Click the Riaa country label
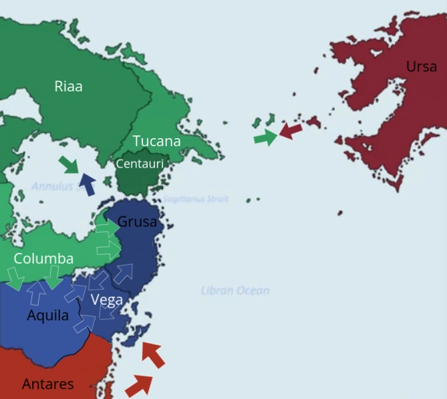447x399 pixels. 68,86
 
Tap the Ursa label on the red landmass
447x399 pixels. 421,66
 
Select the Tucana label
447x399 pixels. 156,141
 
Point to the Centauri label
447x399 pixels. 140,163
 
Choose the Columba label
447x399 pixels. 43,258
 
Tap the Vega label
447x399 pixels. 106,300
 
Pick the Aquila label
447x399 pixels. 47,316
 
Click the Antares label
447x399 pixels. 47,384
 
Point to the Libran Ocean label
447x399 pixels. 235,290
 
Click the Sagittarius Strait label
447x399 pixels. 196,199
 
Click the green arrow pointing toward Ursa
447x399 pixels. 265,138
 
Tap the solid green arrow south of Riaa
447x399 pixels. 68,163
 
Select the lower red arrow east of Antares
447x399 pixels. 138,385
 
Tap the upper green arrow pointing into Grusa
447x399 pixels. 107,228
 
